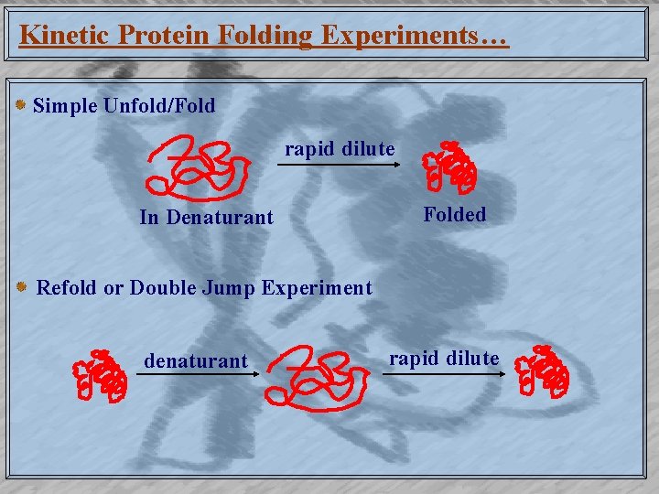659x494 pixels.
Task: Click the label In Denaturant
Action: [206, 218]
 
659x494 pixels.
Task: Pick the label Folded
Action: [454, 215]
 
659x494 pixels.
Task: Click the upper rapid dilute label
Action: [340, 148]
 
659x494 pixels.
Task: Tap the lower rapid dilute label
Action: [444, 358]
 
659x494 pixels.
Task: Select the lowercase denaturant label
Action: [195, 361]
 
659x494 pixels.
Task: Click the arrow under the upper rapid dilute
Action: [340, 166]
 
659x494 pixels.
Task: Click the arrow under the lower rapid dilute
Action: [443, 374]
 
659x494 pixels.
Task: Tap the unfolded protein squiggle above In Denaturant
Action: [200, 168]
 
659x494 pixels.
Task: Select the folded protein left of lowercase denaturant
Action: [100, 376]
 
